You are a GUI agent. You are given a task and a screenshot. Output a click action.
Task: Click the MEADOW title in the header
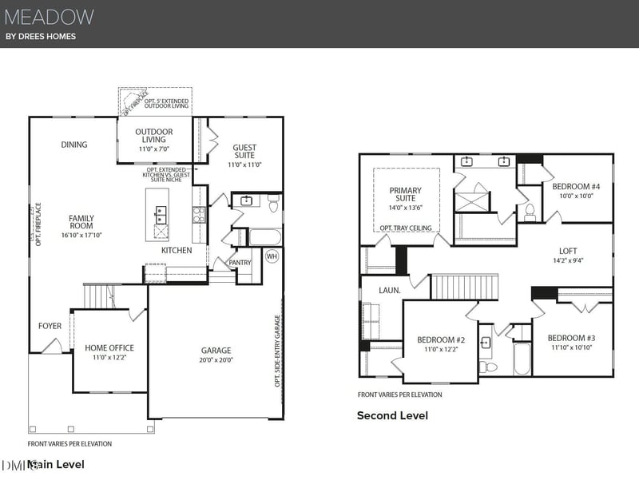(x=50, y=17)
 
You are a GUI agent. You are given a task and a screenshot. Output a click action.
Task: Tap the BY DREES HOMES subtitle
(x=41, y=37)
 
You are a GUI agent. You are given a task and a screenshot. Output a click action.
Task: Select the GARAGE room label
(x=216, y=350)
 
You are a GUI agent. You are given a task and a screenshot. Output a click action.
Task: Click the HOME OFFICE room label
(x=109, y=347)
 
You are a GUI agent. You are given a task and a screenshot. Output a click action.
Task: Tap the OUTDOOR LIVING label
(x=153, y=135)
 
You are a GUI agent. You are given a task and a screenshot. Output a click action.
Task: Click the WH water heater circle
(x=272, y=256)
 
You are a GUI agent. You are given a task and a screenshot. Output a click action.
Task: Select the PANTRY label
(x=240, y=262)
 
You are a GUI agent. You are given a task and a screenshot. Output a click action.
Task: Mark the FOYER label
(x=50, y=326)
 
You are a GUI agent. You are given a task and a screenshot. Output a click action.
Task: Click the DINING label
(x=74, y=145)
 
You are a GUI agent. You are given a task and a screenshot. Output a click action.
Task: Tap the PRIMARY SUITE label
(x=405, y=195)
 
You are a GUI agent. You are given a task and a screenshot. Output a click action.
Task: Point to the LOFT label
(x=568, y=250)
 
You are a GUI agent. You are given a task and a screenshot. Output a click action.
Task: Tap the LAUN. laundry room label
(x=378, y=291)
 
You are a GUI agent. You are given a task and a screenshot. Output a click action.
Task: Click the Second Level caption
(x=392, y=415)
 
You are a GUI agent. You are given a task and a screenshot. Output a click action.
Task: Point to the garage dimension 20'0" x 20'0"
(x=216, y=360)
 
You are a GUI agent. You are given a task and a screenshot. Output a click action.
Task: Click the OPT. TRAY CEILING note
(x=405, y=228)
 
